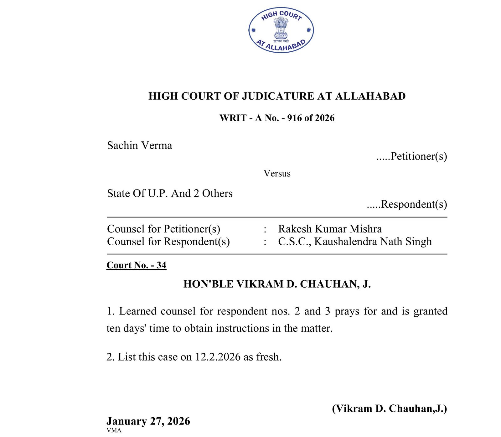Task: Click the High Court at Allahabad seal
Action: pos(281,30)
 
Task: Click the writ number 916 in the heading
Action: pos(294,118)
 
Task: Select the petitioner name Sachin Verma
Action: pos(139,145)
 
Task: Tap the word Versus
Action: pos(277,174)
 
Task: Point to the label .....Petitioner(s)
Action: pos(411,156)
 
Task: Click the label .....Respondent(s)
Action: pos(407,204)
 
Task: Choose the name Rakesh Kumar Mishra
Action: pos(330,229)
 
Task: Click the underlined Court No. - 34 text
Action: pos(136,265)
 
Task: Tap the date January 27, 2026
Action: pos(148,421)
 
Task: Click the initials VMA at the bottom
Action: pos(114,430)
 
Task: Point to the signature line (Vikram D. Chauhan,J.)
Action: pos(389,408)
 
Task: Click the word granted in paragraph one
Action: pos(430,311)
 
